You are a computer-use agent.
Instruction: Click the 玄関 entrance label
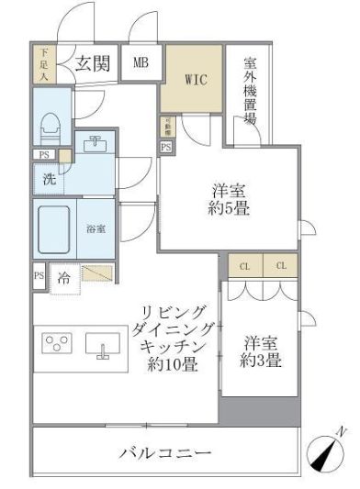pyautogui.click(x=93, y=63)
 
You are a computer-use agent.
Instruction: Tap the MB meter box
pyautogui.click(x=141, y=63)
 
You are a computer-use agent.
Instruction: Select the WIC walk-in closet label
pyautogui.click(x=194, y=79)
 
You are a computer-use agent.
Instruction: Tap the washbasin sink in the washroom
pyautogui.click(x=96, y=145)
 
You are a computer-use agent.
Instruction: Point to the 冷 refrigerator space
pyautogui.click(x=64, y=275)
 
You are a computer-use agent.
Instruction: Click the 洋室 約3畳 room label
pyautogui.click(x=262, y=351)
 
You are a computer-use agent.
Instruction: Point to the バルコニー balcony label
pyautogui.click(x=165, y=453)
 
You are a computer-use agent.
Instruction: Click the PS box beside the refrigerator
pyautogui.click(x=39, y=274)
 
